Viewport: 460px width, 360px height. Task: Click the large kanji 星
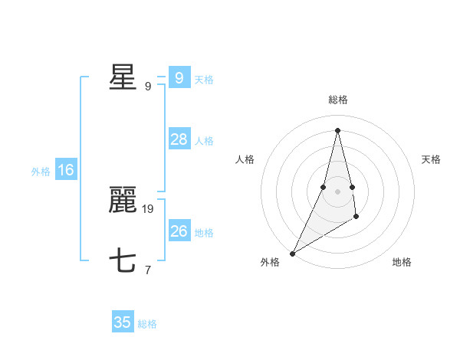123,77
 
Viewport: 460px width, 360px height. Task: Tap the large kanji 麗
123,201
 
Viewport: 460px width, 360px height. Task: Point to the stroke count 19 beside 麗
148,208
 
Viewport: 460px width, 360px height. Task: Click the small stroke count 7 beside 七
148,270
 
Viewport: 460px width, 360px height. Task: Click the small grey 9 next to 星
148,86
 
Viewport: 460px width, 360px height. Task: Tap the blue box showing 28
179,139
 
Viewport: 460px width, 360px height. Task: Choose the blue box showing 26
179,231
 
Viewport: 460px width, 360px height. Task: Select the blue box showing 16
66,170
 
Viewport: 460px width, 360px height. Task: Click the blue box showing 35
123,322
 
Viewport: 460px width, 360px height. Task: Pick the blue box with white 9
179,78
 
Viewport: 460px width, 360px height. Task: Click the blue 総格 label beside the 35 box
147,324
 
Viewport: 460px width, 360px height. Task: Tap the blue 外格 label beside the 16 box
41,172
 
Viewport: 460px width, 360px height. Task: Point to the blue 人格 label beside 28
204,141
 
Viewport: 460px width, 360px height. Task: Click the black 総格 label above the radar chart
338,100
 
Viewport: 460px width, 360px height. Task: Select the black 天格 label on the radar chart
432,159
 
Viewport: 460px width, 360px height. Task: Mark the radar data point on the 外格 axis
293,253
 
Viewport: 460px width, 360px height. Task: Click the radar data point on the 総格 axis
338,130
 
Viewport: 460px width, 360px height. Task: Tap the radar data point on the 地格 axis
356,218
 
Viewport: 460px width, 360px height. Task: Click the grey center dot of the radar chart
338,191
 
